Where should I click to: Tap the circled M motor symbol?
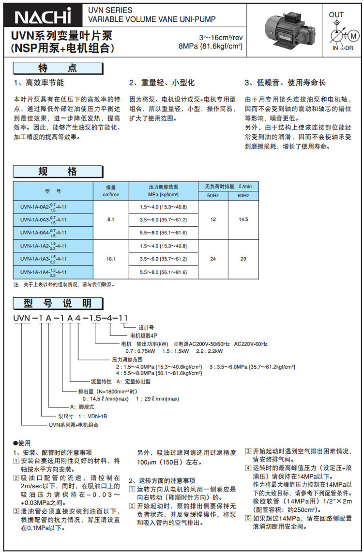(352, 36)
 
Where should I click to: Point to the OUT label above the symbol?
(336, 15)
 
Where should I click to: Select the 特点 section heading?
(58, 68)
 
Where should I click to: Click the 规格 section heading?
(58, 172)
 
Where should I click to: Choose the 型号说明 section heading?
(58, 303)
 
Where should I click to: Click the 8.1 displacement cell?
(110, 219)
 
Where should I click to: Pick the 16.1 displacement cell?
(110, 259)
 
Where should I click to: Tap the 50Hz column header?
(213, 195)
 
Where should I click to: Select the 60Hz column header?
(243, 195)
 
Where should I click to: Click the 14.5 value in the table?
(243, 219)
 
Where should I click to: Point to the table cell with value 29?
(243, 259)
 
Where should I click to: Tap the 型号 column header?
(53, 191)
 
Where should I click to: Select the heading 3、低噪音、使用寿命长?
(285, 83)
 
